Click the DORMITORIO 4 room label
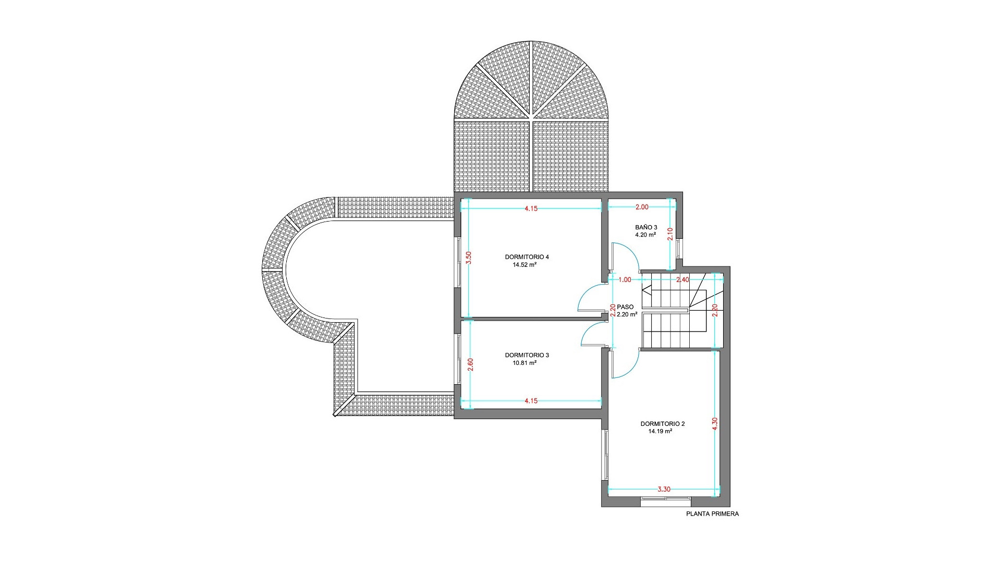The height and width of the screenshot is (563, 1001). pyautogui.click(x=527, y=257)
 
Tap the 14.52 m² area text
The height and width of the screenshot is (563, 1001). pyautogui.click(x=524, y=265)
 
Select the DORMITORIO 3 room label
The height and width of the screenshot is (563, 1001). pyautogui.click(x=527, y=356)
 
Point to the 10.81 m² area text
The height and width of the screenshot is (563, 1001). pyautogui.click(x=524, y=363)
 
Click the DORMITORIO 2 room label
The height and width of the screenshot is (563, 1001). pyautogui.click(x=663, y=424)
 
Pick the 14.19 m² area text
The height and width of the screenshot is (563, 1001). pyautogui.click(x=660, y=432)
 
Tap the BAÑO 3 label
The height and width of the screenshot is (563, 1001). pyautogui.click(x=646, y=227)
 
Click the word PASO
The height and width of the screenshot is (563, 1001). pyautogui.click(x=625, y=307)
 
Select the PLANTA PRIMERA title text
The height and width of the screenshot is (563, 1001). pyautogui.click(x=712, y=514)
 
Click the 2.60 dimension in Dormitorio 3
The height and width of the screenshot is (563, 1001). pyautogui.click(x=470, y=364)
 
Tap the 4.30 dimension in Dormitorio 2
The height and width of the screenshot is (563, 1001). pyautogui.click(x=715, y=423)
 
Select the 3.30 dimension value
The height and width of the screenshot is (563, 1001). pyautogui.click(x=664, y=489)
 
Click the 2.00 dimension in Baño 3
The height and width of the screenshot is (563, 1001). pyautogui.click(x=642, y=207)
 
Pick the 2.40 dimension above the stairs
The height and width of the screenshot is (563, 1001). pyautogui.click(x=682, y=280)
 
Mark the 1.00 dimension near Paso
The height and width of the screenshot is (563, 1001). pyautogui.click(x=625, y=280)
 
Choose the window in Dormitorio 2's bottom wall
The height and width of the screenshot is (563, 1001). pyautogui.click(x=666, y=501)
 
